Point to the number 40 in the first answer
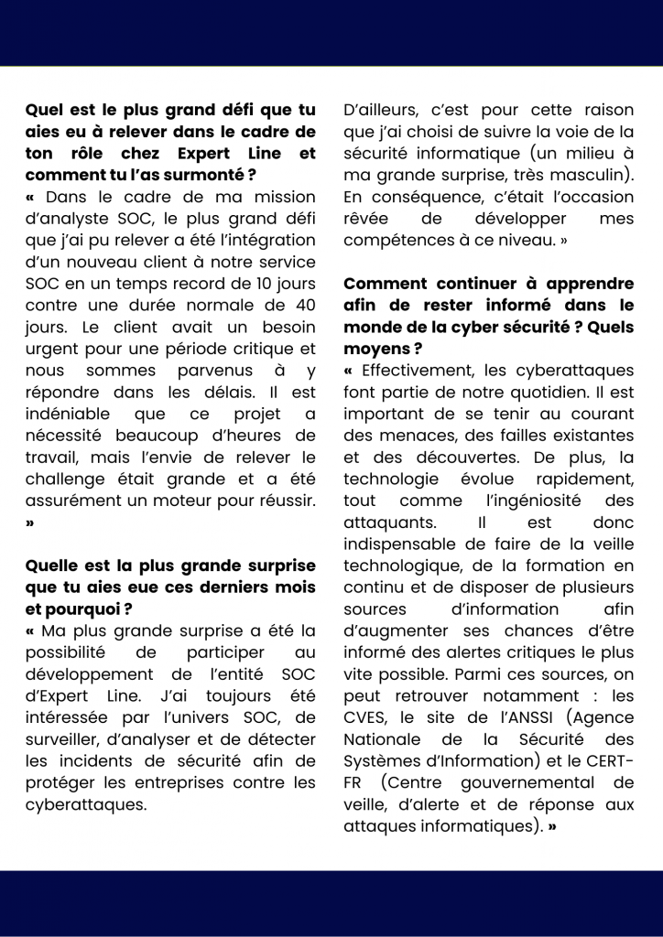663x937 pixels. tap(304, 306)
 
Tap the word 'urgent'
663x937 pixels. tap(51, 349)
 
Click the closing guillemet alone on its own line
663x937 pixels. tap(31, 523)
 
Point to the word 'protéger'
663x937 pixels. tap(58, 783)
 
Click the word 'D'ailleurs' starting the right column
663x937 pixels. tap(382, 110)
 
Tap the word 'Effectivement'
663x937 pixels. tap(418, 371)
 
